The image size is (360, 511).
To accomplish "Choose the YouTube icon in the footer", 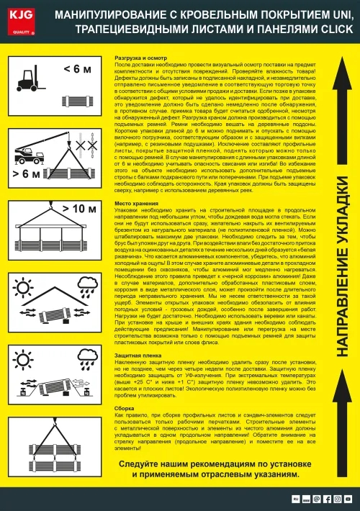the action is click(x=348, y=498).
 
